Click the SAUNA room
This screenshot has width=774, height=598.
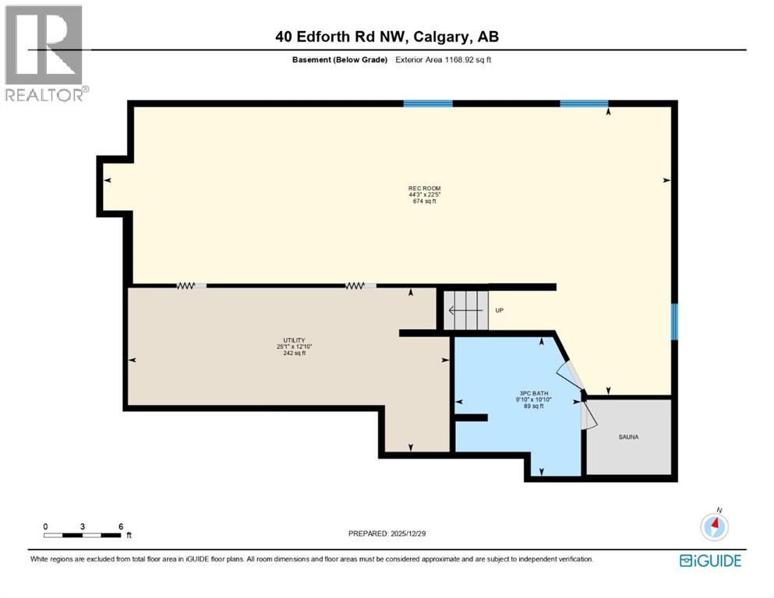[x=628, y=437]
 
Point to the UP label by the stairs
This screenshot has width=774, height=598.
[x=500, y=311]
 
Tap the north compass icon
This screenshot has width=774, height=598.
[x=714, y=526]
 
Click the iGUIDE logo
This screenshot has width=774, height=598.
[x=710, y=561]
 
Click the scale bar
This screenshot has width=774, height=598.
[x=83, y=535]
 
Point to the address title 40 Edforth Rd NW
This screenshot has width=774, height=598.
[x=387, y=36]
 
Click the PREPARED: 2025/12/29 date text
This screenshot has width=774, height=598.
[x=387, y=533]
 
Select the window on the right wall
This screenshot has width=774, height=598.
[x=674, y=322]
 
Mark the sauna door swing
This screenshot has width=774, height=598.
[x=589, y=414]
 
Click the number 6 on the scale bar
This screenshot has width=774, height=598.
[x=121, y=526]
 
